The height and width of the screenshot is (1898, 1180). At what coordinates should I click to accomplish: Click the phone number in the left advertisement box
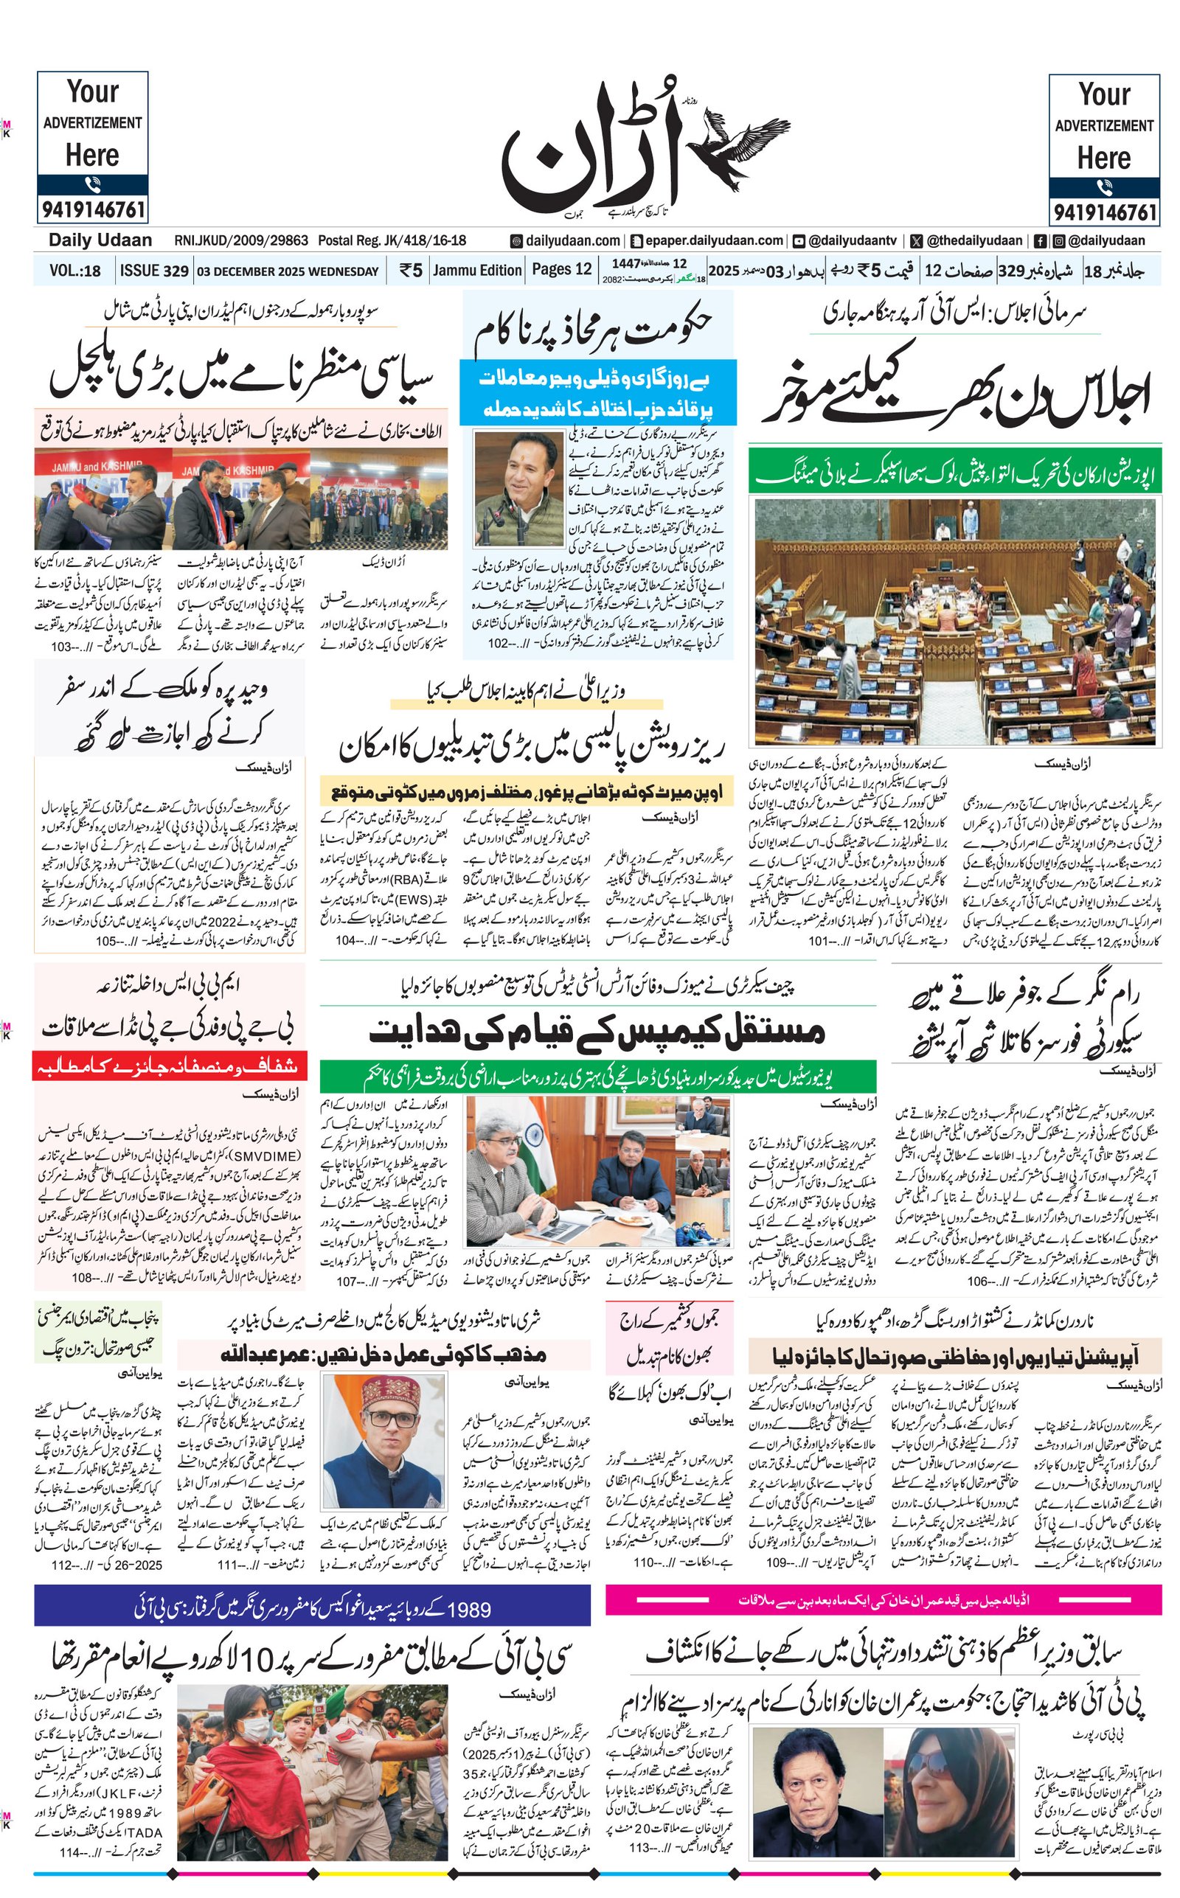(x=92, y=210)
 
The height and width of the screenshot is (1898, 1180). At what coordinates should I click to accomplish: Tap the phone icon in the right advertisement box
(x=1104, y=187)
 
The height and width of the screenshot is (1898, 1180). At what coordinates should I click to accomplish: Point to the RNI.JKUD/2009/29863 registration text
(x=241, y=241)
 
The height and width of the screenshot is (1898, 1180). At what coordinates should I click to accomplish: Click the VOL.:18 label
(x=75, y=271)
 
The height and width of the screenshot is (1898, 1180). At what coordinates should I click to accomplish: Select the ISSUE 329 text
(x=153, y=271)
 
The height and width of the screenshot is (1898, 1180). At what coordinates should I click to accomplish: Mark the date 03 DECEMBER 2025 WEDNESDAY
(x=287, y=271)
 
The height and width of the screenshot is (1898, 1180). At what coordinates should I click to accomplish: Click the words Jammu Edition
(x=477, y=270)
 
